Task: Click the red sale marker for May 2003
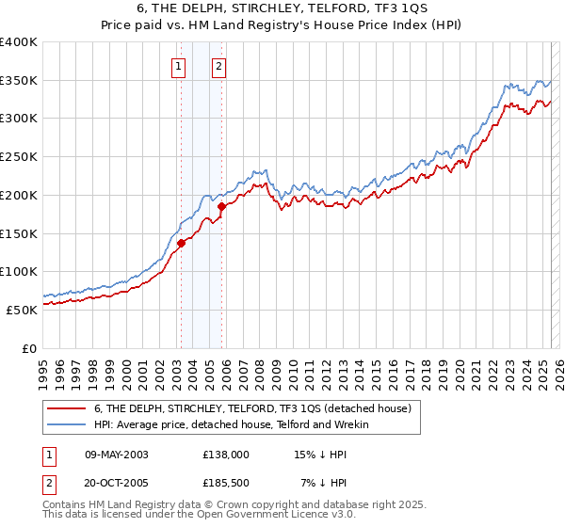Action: coord(181,243)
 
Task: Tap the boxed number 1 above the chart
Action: coord(179,66)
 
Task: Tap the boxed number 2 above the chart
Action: coord(218,66)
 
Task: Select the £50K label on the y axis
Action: coord(23,309)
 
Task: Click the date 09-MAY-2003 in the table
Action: coord(117,454)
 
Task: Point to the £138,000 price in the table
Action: coord(226,454)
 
